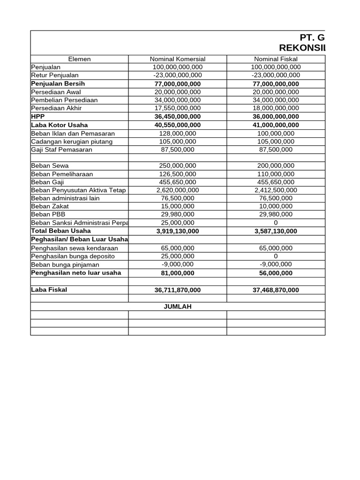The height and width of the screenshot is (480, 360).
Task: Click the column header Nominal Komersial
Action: coord(177,59)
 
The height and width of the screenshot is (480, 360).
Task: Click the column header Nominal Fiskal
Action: coord(276,59)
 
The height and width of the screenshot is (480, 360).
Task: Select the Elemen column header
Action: coord(79,59)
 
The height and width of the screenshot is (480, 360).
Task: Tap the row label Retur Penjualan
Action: coord(55,75)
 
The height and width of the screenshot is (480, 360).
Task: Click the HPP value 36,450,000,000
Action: coord(177,116)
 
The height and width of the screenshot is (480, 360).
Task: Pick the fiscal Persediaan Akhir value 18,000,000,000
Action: coord(276,108)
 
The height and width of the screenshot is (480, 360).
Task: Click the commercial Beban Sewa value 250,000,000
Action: coord(177,165)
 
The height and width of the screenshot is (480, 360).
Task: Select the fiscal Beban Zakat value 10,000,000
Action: coord(276,206)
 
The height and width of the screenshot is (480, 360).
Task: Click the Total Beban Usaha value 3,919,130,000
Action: coord(177,231)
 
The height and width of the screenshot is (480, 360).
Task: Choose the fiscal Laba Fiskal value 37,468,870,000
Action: coord(276,290)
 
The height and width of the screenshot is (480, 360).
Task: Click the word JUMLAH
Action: coord(177,307)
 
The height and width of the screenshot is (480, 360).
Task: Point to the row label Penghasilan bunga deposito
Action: coord(73,256)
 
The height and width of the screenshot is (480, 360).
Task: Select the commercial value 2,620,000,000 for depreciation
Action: coord(177,190)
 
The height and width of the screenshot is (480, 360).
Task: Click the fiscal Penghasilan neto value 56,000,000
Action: coord(276,273)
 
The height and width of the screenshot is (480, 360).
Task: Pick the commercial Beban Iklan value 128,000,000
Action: coord(177,134)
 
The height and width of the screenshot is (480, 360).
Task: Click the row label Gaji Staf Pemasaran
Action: coord(61,150)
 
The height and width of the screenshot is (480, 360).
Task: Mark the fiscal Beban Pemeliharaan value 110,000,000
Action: coord(276,174)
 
